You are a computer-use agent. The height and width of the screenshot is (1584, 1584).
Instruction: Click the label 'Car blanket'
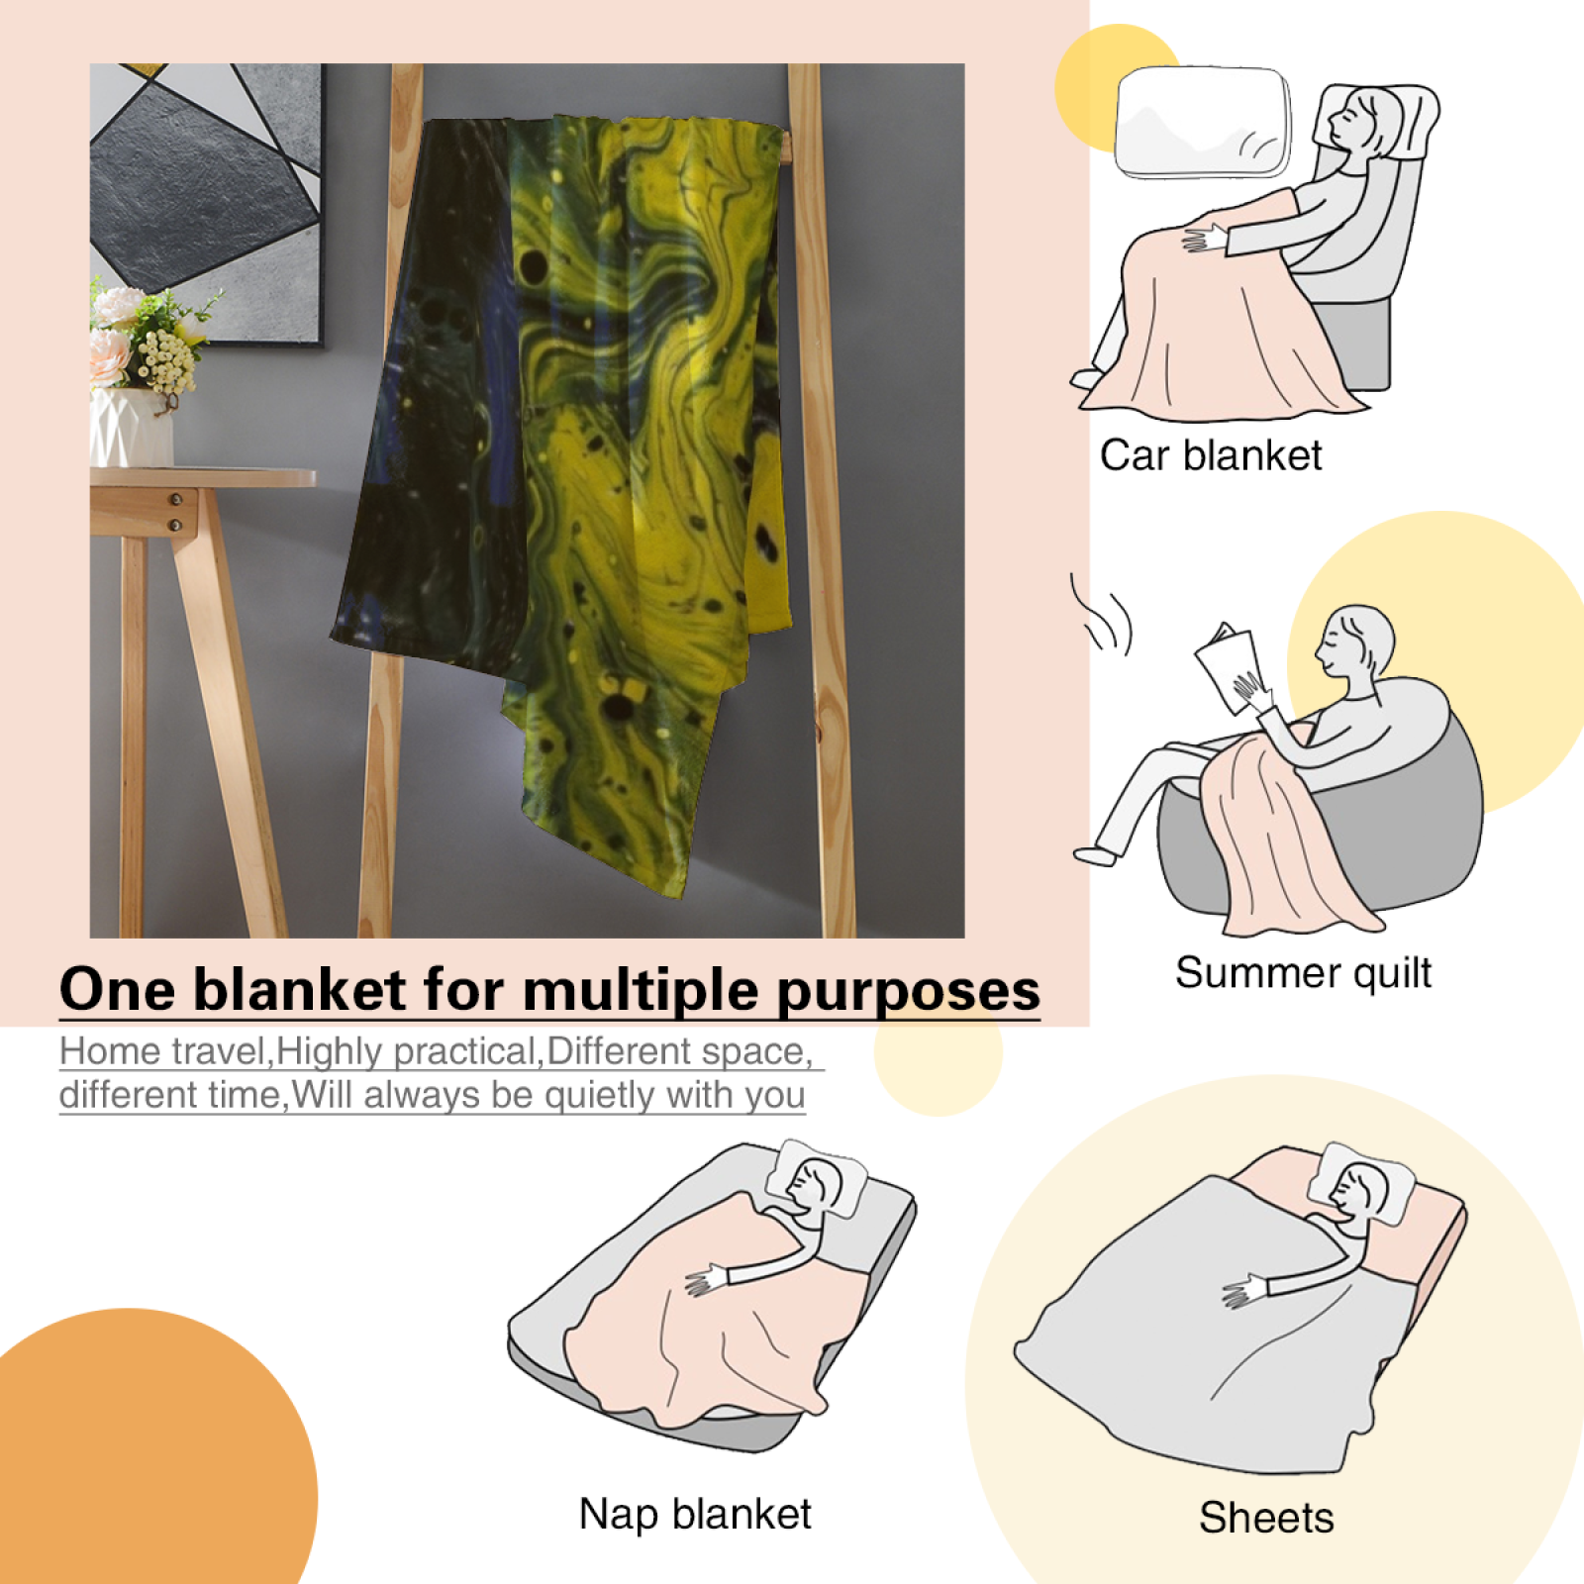(x=1211, y=456)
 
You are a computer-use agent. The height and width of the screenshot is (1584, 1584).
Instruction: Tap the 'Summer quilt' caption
(x=1303, y=973)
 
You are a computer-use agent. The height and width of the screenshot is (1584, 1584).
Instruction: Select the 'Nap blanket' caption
(x=695, y=1515)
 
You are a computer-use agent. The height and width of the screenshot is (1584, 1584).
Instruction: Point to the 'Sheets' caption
(x=1266, y=1518)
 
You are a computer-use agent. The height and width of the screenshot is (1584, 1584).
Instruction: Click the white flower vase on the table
(x=131, y=428)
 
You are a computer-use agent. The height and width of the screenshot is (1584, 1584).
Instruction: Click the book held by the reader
(x=1228, y=666)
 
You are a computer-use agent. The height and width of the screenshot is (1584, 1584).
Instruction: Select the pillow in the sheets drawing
(x=1362, y=1183)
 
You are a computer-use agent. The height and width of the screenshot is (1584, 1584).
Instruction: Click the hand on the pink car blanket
(x=1203, y=239)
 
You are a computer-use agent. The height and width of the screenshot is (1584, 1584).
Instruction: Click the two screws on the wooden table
(x=175, y=512)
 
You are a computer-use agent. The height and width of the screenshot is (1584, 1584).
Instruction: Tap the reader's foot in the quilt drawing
(x=1095, y=854)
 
